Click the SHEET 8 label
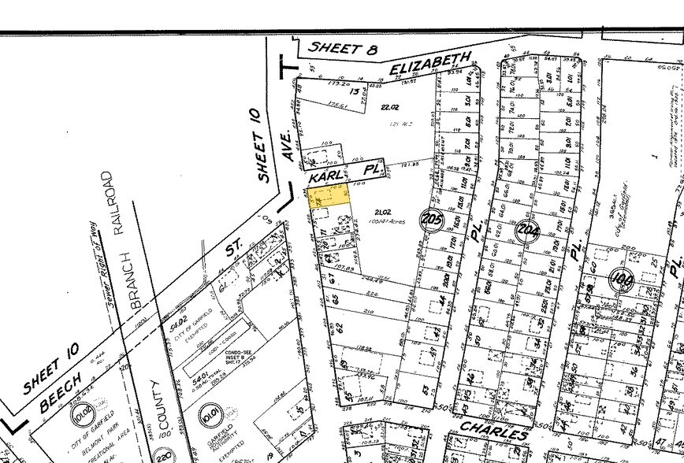(340, 47)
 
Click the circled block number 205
(431, 220)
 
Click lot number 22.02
(390, 106)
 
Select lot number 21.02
(383, 213)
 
